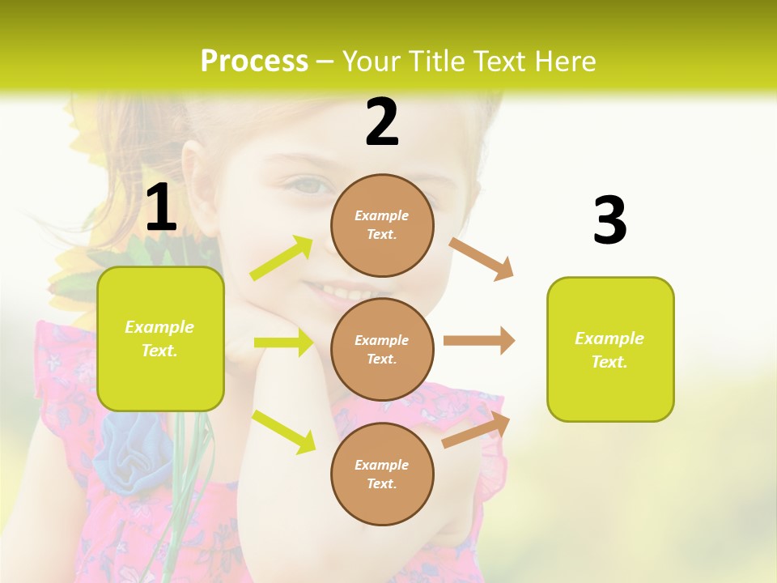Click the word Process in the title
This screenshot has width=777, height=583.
(x=254, y=62)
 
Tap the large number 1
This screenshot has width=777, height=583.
(x=161, y=208)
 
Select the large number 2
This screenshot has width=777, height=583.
(x=382, y=122)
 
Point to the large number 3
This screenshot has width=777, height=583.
(x=610, y=220)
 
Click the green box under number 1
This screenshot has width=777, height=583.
(x=160, y=338)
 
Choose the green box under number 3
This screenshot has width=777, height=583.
(x=610, y=350)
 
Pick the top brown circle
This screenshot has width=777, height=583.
(x=382, y=225)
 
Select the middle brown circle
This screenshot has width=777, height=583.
(x=382, y=350)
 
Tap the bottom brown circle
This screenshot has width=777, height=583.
(x=382, y=474)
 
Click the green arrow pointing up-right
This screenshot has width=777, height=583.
(x=282, y=258)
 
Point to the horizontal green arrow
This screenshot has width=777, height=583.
(x=283, y=343)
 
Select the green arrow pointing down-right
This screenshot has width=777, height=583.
(x=284, y=432)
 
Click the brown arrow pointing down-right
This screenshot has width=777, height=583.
(x=482, y=258)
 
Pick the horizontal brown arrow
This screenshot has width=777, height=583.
(x=479, y=341)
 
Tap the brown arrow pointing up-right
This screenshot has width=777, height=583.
(x=477, y=429)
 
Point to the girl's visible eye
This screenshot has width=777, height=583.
(x=311, y=185)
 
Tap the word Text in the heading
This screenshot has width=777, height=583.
(x=499, y=62)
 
